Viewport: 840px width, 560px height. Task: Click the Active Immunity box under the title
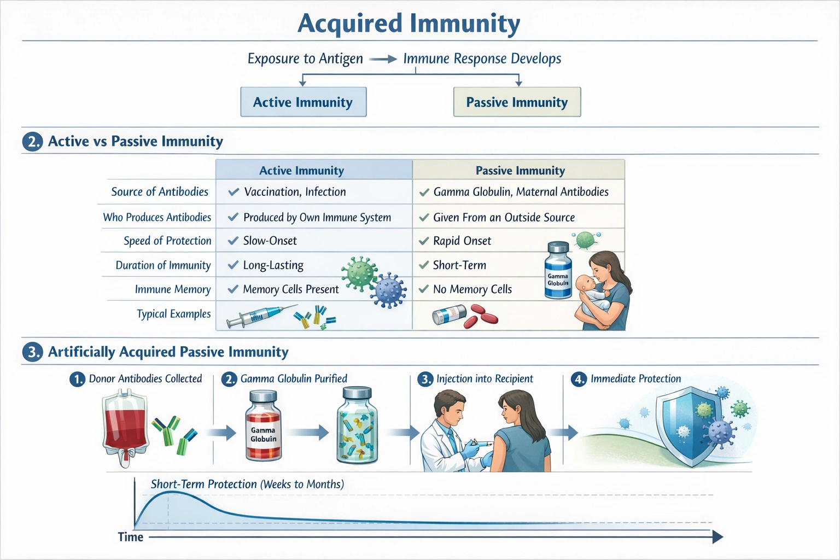point(303,102)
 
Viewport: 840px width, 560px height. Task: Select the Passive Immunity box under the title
point(517,102)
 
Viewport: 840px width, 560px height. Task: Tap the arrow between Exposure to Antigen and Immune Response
point(383,59)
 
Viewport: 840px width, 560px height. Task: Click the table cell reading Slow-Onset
point(270,241)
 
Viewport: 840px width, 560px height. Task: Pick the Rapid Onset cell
point(462,241)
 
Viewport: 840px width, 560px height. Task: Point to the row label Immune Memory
point(173,289)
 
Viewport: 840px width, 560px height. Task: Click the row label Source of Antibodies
point(160,192)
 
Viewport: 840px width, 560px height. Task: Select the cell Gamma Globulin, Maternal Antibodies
point(521,192)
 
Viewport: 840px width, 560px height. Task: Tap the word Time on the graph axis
point(131,537)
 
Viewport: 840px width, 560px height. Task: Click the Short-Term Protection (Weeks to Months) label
point(247,484)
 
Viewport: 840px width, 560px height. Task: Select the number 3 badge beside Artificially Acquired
point(33,352)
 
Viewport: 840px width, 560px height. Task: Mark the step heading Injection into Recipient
point(485,378)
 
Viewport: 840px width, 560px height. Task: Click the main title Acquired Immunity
point(409,24)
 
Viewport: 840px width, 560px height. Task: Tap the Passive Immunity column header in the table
point(520,171)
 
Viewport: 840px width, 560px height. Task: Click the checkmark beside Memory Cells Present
point(233,289)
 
